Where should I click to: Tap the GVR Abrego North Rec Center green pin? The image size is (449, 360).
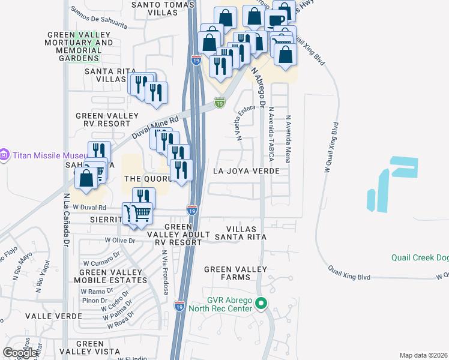(x=261, y=304)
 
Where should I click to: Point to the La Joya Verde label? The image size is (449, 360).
(x=247, y=171)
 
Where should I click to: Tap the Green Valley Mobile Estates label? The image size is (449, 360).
(x=109, y=277)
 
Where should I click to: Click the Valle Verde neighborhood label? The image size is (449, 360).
(x=29, y=316)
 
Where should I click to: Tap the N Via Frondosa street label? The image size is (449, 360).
(x=164, y=272)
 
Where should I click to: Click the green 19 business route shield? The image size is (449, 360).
(x=220, y=103)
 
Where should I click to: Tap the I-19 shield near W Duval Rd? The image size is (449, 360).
(x=191, y=211)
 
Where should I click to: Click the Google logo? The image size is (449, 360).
(x=20, y=353)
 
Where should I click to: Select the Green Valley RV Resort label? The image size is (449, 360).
(x=107, y=119)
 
